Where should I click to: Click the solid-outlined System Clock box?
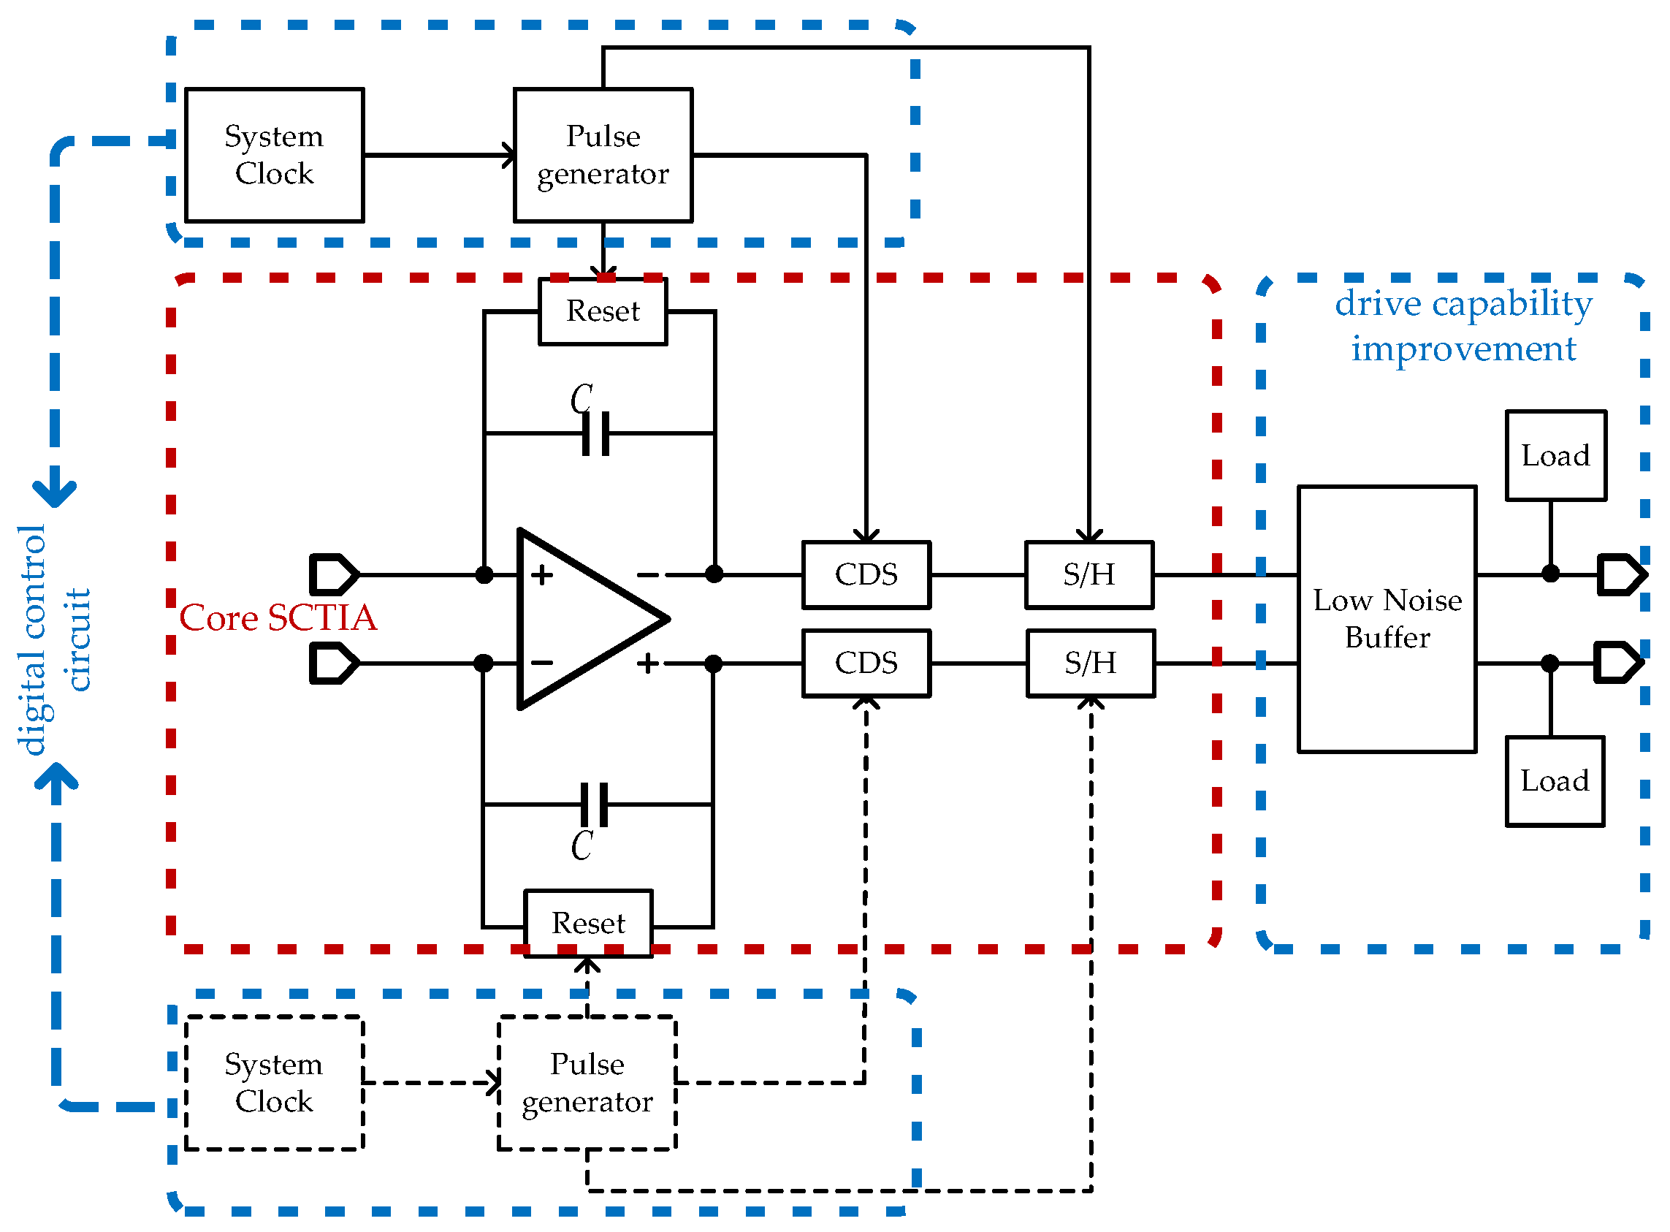click(x=275, y=155)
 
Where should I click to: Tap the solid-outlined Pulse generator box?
click(x=604, y=155)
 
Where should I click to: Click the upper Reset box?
click(x=603, y=312)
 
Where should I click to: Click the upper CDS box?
click(x=867, y=576)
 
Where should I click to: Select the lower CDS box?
click(x=867, y=663)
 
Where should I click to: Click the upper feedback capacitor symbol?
click(x=596, y=434)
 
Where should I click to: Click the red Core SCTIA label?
click(x=278, y=619)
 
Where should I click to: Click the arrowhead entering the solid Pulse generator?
click(x=509, y=156)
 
